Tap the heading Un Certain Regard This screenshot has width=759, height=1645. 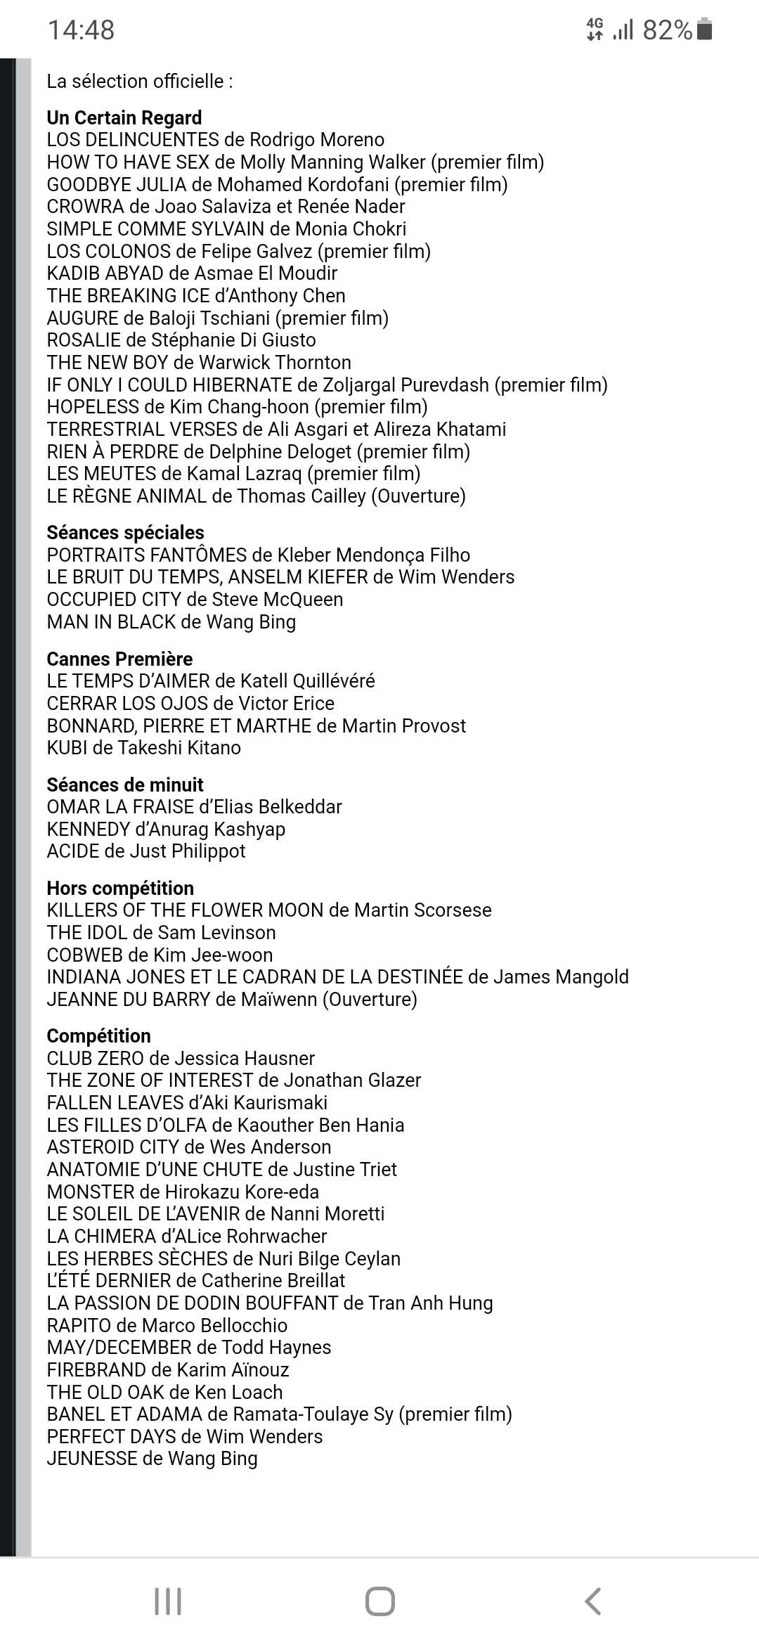pos(124,117)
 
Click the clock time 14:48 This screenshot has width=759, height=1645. pos(81,30)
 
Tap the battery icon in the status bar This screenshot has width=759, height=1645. pos(705,30)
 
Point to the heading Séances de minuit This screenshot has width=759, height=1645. pos(125,785)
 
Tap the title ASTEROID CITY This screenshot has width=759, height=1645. pos(112,1147)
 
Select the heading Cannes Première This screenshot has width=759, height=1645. pos(119,659)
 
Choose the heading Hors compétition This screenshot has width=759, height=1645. pos(120,888)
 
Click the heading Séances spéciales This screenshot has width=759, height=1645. pos(125,532)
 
